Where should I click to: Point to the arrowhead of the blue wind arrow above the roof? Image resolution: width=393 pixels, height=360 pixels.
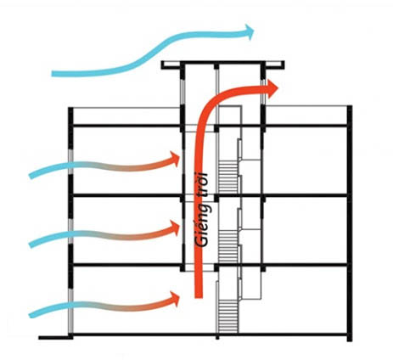[x=249, y=32]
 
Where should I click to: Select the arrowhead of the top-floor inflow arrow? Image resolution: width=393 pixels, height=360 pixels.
[x=174, y=159]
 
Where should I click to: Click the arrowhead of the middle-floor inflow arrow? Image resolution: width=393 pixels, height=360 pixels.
[x=174, y=228]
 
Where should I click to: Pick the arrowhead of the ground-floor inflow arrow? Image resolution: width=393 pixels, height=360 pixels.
[x=174, y=298]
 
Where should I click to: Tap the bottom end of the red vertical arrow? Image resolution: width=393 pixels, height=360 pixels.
[x=199, y=297]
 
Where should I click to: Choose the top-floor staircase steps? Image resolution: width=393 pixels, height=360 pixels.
[x=228, y=177]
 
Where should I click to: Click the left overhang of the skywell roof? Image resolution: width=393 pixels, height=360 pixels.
[x=171, y=65]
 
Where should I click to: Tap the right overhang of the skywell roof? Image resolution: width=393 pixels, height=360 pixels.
[x=274, y=65]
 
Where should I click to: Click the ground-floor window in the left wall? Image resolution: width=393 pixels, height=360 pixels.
[x=70, y=311]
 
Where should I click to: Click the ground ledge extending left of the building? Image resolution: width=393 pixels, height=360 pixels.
[x=53, y=337]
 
